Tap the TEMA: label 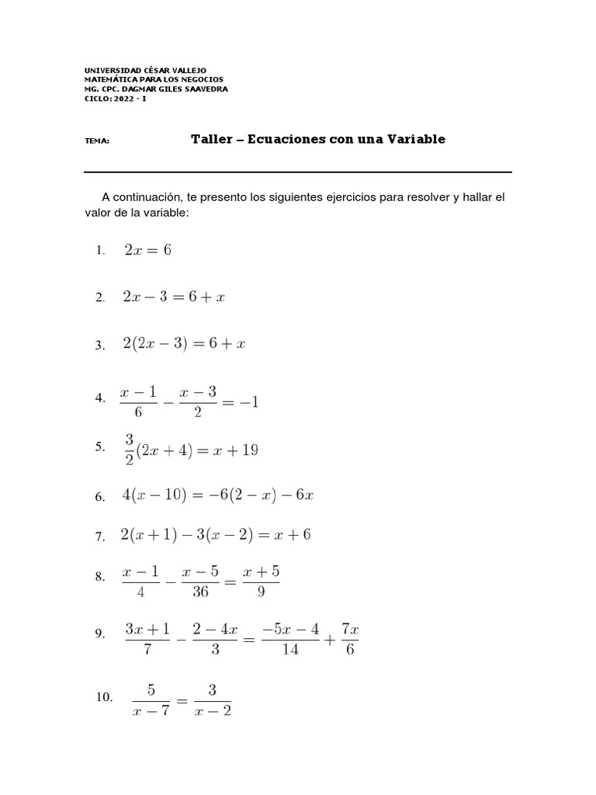(x=96, y=142)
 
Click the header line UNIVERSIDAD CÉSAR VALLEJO (x=145, y=70)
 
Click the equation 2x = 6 (x=147, y=250)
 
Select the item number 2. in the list (x=100, y=298)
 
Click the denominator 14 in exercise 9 (x=290, y=650)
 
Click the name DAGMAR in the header (x=147, y=89)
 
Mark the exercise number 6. (x=100, y=497)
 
